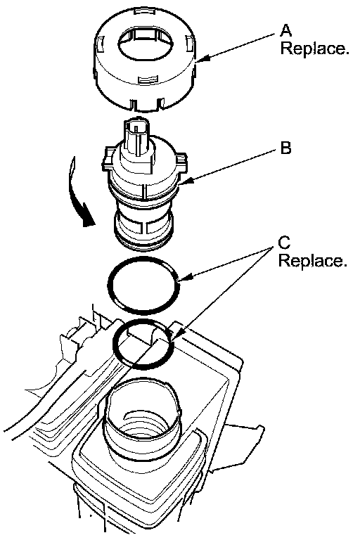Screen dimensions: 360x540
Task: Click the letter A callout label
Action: (285, 30)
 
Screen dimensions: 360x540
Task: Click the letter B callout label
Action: (285, 148)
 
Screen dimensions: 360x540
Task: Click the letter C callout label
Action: (284, 243)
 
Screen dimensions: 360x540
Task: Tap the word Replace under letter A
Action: (315, 48)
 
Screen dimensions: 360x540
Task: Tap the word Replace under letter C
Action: (312, 260)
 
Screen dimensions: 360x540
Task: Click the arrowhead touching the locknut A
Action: (203, 60)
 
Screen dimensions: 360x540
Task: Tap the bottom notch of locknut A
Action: (146, 104)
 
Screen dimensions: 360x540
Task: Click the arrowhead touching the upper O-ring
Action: (186, 276)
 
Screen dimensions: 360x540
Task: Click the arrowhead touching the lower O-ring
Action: (176, 335)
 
